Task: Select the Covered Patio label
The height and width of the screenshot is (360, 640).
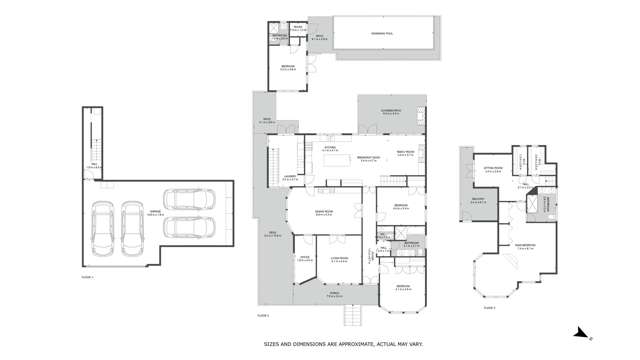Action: [x=392, y=112]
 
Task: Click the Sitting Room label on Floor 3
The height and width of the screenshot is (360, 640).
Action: [x=492, y=171]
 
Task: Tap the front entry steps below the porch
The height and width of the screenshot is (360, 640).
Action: [x=351, y=316]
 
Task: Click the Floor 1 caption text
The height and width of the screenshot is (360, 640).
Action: [x=89, y=277]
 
